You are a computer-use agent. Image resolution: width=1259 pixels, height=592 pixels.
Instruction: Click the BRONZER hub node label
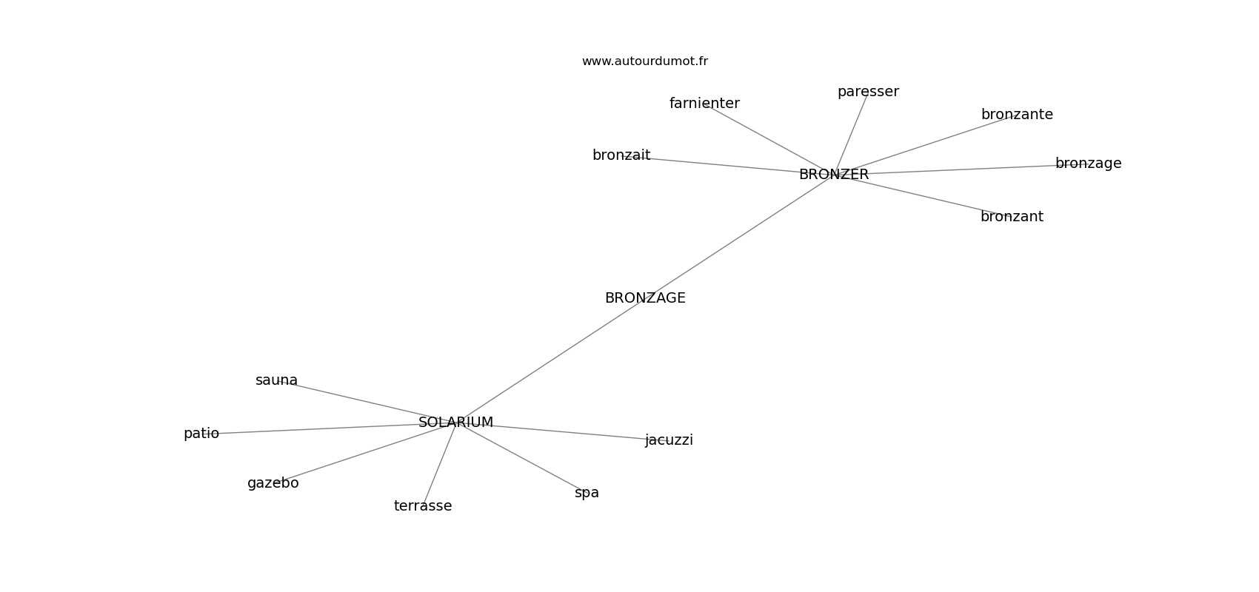833,175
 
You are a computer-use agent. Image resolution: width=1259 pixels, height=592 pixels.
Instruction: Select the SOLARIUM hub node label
455,423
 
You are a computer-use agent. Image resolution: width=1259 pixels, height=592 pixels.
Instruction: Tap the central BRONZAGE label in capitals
645,298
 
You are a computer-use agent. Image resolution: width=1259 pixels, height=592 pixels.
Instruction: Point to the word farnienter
704,104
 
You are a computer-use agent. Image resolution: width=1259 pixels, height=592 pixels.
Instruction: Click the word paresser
868,92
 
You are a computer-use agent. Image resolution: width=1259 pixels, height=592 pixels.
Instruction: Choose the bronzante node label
1017,115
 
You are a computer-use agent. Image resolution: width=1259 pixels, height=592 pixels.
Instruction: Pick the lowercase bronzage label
1088,164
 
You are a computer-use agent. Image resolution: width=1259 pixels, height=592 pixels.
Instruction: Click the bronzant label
1012,217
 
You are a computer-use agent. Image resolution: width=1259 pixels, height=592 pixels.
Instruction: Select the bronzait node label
621,155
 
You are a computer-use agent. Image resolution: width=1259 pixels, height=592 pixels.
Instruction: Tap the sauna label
276,380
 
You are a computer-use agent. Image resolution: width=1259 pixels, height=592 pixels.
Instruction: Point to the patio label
201,434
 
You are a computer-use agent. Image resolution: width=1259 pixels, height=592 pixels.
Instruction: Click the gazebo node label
273,483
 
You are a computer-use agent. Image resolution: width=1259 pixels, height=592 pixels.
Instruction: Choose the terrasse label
423,506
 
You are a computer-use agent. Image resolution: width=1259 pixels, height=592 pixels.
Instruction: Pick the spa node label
587,493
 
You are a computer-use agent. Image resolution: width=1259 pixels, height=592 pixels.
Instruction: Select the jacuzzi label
669,440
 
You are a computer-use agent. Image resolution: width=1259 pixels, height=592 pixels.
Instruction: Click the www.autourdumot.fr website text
644,61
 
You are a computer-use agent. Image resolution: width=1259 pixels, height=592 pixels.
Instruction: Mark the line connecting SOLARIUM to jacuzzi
570,432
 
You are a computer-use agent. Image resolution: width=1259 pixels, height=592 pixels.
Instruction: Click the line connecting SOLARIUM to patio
318,428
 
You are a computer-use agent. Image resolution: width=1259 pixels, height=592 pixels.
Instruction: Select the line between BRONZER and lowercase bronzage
963,169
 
